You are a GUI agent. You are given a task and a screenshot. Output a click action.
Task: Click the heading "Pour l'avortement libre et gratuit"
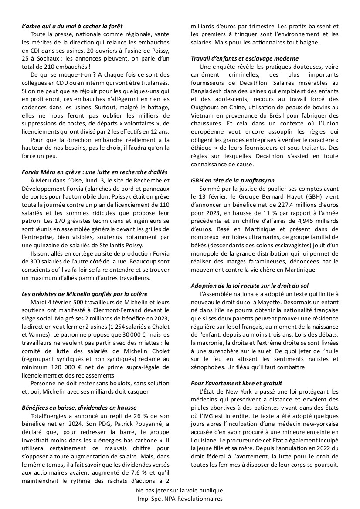coord(237,383)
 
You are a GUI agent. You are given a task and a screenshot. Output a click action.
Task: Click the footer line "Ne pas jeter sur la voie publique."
coord(180,490)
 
